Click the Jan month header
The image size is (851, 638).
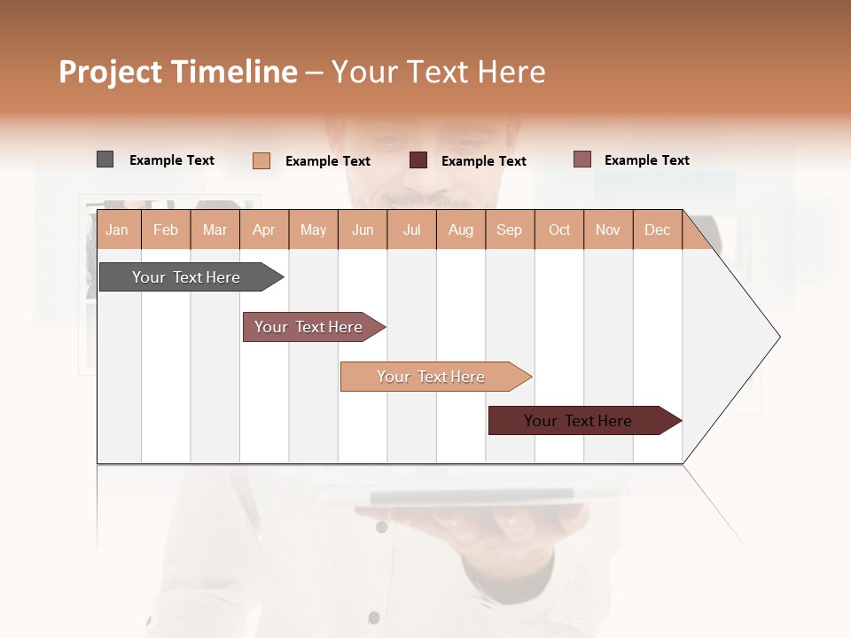pos(117,230)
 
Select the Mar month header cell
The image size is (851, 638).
pos(215,230)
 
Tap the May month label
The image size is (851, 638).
pos(313,230)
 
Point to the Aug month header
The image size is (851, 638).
pos(460,230)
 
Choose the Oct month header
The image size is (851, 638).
pos(559,230)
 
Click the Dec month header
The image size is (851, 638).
pos(657,230)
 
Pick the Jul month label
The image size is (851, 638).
pos(411,230)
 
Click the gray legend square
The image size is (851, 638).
pos(105,159)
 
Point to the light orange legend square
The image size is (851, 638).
pos(261,160)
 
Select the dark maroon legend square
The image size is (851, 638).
pos(418,160)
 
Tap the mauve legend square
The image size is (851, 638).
pos(582,159)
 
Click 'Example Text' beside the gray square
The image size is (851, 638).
pos(172,160)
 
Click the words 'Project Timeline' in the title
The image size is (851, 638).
pos(177,72)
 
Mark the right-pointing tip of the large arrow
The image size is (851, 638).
pos(778,337)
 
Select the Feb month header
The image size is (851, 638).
pos(166,230)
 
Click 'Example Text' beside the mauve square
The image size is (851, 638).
pos(647,160)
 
